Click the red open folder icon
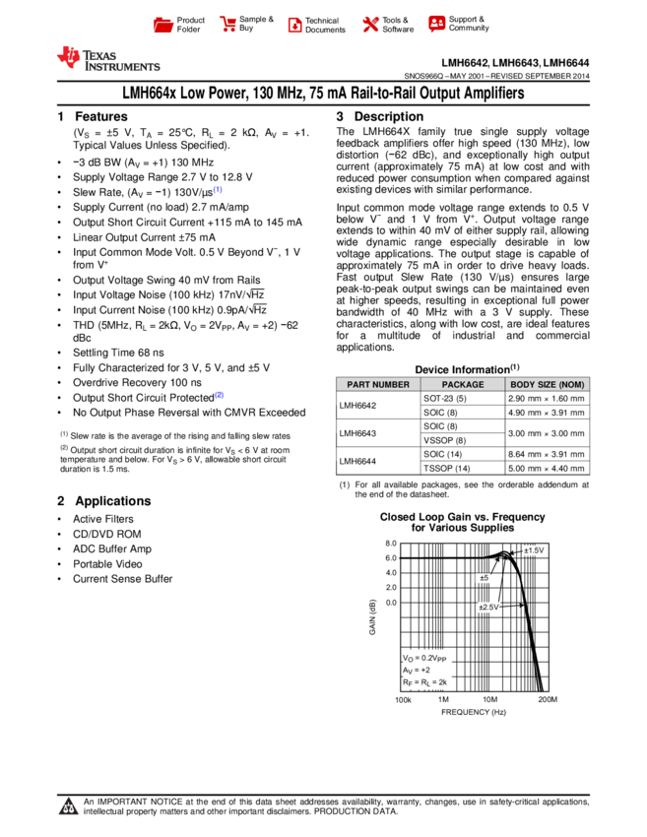(163, 26)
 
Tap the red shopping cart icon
(228, 25)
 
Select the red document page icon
(294, 26)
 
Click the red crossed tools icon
(370, 25)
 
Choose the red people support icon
(436, 24)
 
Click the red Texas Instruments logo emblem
(68, 57)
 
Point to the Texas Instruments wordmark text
(120, 61)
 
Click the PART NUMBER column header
(378, 385)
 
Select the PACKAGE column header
(463, 385)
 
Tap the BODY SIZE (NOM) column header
(548, 385)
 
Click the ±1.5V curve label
(534, 550)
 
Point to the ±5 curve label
(484, 578)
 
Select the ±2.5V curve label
(489, 608)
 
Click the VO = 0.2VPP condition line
(425, 657)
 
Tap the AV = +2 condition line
(417, 670)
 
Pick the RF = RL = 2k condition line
(425, 682)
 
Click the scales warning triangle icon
(68, 807)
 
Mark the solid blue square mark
(219, 395)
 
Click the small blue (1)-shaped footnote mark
(217, 189)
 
